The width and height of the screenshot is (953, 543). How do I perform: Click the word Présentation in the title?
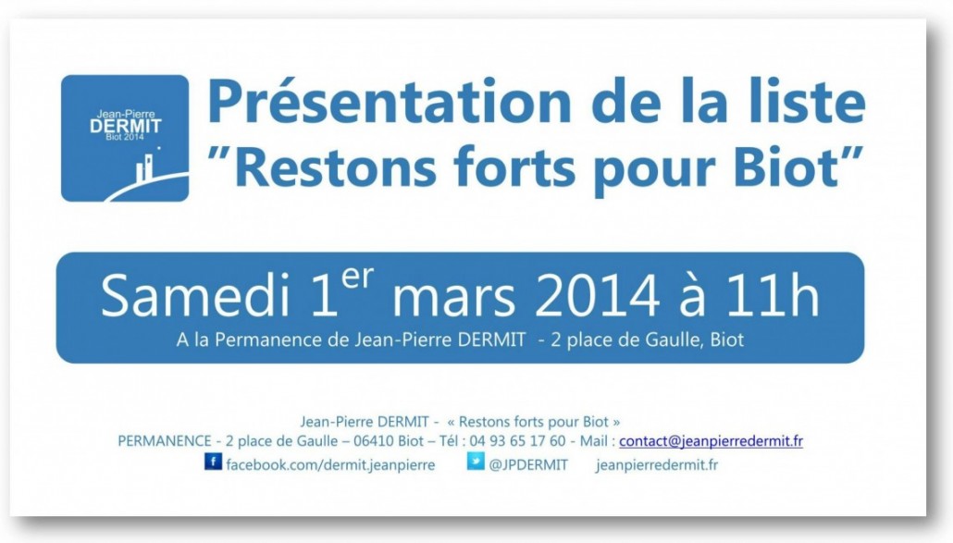tap(389, 103)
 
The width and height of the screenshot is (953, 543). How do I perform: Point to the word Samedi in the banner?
tap(195, 296)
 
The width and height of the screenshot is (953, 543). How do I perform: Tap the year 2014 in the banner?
tap(598, 296)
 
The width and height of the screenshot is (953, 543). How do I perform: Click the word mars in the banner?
tap(453, 300)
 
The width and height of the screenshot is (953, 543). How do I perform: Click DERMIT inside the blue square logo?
tap(125, 126)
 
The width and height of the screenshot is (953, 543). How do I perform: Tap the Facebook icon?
tap(213, 462)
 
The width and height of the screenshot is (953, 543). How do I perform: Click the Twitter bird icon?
tap(476, 462)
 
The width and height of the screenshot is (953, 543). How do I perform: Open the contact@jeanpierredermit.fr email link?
tap(712, 441)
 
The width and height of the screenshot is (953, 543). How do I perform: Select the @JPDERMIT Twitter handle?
tap(528, 465)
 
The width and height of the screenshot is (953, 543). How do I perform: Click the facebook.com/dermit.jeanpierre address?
tap(330, 465)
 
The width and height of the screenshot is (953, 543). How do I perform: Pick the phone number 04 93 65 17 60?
tap(517, 441)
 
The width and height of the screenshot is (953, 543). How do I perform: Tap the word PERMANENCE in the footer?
tap(165, 441)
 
